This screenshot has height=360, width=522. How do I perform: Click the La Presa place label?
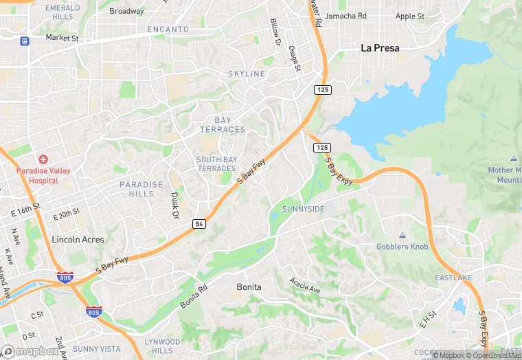[x=380, y=48]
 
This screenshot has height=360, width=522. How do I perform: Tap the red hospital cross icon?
[x=43, y=159]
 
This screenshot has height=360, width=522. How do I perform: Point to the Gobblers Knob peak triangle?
[x=402, y=235]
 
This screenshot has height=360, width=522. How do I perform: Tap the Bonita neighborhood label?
[x=249, y=286]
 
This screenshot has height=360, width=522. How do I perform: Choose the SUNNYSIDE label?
[x=303, y=209]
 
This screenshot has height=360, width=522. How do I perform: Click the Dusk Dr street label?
[x=174, y=205]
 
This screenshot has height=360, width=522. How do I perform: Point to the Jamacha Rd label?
[x=345, y=15]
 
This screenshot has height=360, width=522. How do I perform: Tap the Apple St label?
[x=410, y=16]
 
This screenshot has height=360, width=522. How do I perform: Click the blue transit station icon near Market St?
[x=25, y=41]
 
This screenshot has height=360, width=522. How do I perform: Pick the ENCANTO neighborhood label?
[x=168, y=30]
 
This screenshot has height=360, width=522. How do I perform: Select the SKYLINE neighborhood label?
[x=247, y=74]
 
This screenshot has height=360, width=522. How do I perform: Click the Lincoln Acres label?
[x=78, y=240]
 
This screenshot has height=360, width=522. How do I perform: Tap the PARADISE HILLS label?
[x=141, y=189]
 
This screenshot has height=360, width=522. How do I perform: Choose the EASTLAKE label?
[x=453, y=278]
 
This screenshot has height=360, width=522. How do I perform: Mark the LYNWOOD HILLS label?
[x=163, y=346]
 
